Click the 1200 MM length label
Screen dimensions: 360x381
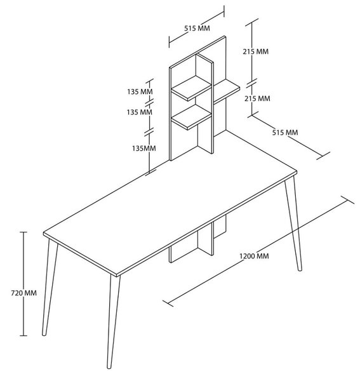[x=254, y=256]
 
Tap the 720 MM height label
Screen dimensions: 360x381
[x=23, y=293]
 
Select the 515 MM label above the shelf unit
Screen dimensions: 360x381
[x=197, y=28]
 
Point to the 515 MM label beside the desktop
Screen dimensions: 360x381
[x=285, y=133]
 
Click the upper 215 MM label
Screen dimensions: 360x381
[x=256, y=51]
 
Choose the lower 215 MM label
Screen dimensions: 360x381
[x=257, y=98]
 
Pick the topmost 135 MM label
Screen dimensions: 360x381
[x=140, y=91]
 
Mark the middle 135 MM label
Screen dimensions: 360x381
[x=140, y=112]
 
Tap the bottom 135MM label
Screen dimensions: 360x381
[x=143, y=148]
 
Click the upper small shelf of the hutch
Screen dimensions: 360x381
[x=191, y=88]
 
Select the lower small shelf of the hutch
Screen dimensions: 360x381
[x=191, y=117]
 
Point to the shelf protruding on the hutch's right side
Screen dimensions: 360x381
[x=227, y=91]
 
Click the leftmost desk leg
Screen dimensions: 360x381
[x=50, y=288]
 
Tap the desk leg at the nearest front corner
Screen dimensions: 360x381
[x=114, y=321]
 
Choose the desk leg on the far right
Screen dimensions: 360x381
[x=293, y=223]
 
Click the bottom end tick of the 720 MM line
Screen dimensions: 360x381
[x=23, y=335]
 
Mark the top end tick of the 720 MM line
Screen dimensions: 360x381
[x=23, y=232]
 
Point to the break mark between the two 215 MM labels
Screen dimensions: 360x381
[x=251, y=83]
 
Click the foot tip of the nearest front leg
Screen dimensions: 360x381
[x=109, y=367]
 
